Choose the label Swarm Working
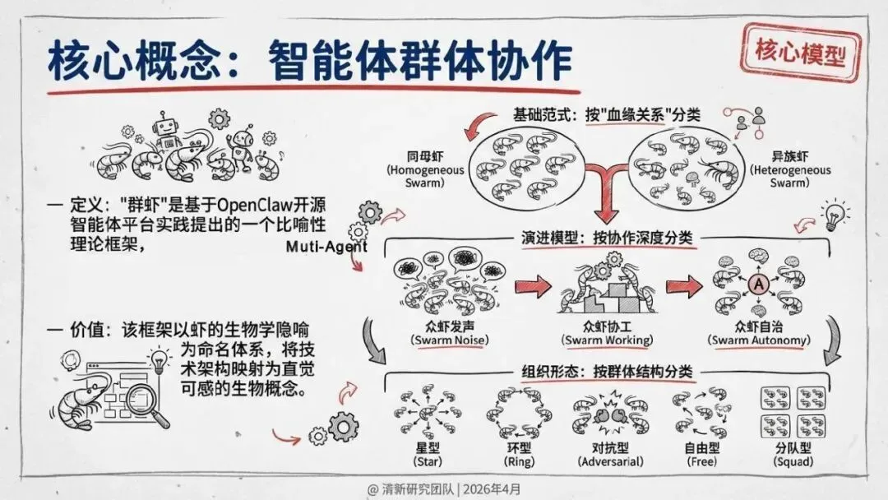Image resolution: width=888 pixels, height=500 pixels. pos(606,340)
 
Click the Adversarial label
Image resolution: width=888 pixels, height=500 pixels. pos(606,463)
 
